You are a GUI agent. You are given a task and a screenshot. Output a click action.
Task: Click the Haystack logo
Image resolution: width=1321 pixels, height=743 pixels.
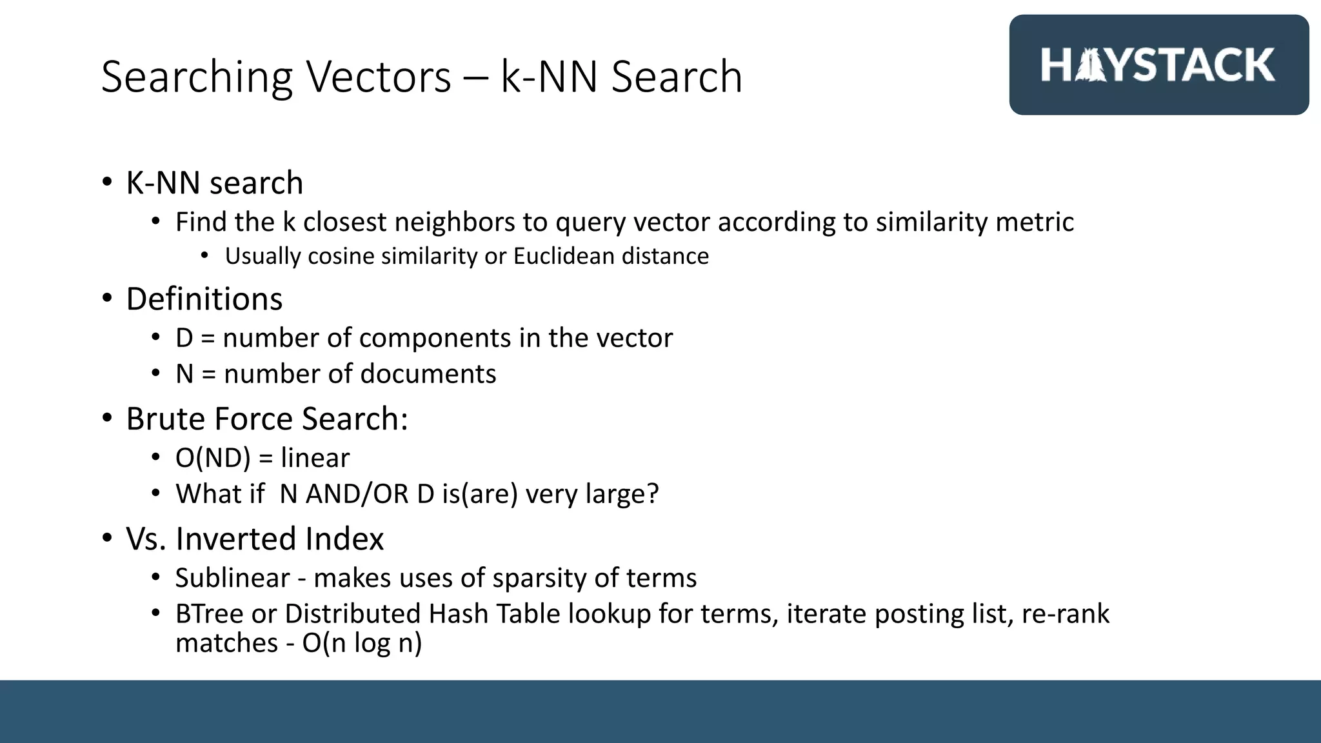(1158, 65)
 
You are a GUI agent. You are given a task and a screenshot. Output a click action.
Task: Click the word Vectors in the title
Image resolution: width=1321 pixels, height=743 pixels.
(378, 77)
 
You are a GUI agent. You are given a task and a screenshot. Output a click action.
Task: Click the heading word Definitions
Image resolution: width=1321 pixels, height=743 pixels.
(204, 299)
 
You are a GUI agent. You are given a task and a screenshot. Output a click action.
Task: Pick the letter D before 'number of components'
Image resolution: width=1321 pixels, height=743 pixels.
(184, 338)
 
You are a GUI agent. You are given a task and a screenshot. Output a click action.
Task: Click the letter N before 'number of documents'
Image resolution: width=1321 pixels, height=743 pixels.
(184, 374)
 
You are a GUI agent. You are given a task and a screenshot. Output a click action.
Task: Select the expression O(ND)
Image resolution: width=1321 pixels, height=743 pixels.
(213, 458)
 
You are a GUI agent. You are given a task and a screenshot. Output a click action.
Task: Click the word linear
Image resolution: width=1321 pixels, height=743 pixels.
(315, 458)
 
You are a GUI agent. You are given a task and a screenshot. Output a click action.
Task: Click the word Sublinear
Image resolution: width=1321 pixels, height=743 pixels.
(232, 578)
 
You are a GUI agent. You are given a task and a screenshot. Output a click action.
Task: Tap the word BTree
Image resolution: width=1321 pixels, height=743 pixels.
(209, 613)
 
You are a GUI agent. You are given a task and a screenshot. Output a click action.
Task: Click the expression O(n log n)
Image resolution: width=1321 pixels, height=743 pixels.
(362, 643)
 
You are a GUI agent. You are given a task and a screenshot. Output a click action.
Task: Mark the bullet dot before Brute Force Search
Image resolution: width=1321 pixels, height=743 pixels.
(107, 418)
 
